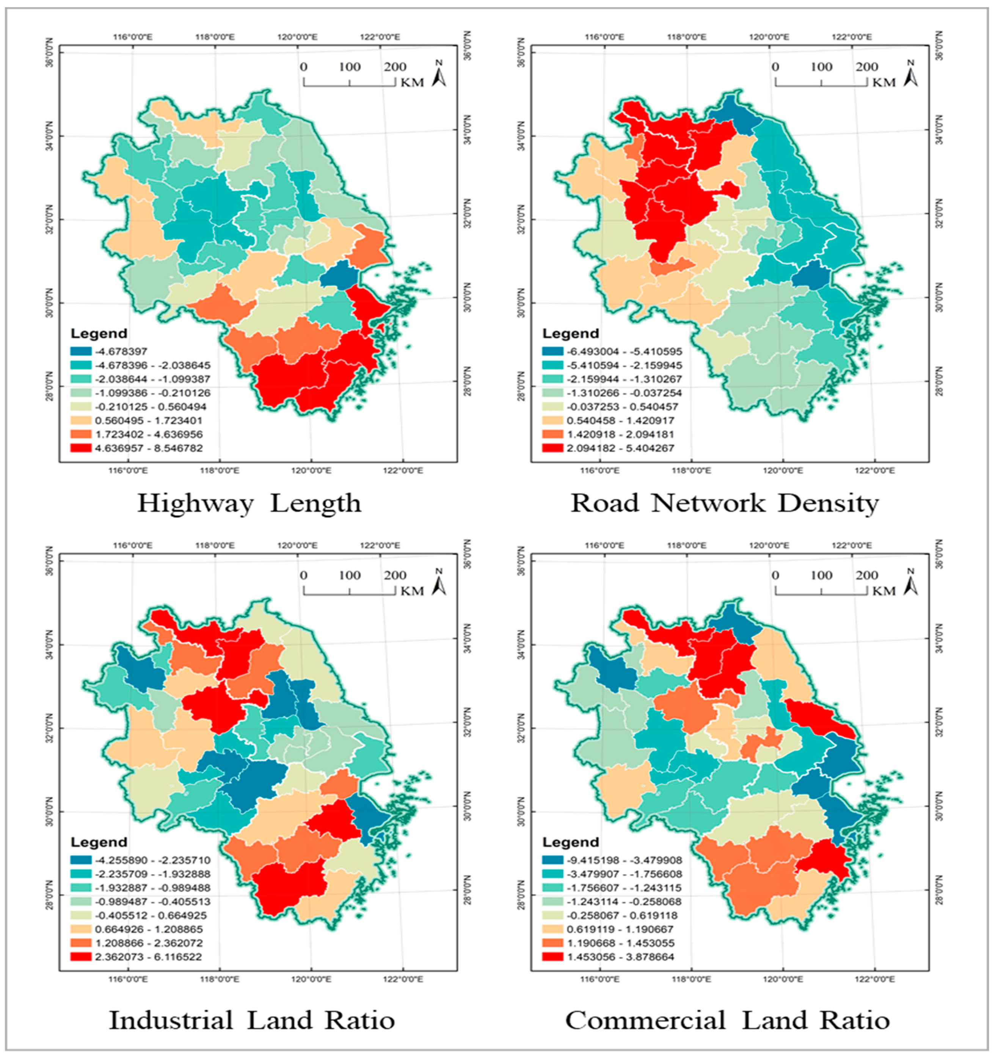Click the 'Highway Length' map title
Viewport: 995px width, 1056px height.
tap(249, 503)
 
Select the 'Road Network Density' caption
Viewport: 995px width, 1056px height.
tap(724, 503)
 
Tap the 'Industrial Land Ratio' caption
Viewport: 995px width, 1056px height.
tap(252, 1020)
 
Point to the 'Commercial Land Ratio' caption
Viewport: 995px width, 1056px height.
tap(727, 1020)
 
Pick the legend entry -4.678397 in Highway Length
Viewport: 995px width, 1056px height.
tap(121, 351)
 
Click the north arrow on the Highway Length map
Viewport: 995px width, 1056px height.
tap(439, 74)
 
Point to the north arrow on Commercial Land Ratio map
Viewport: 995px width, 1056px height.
tap(910, 583)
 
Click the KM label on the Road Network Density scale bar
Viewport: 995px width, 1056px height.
tap(884, 82)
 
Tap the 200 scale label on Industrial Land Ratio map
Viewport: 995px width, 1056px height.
tap(395, 575)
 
